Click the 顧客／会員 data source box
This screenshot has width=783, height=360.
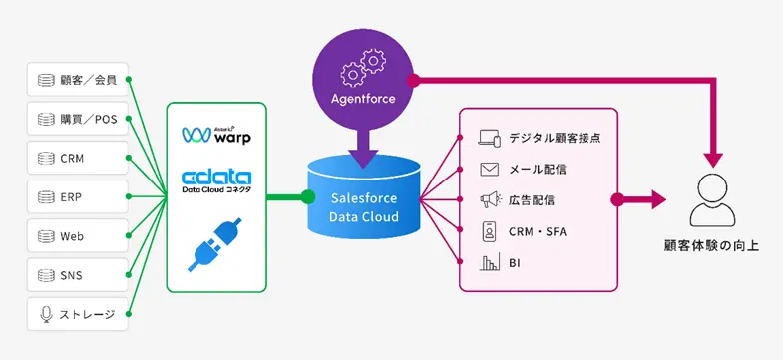coord(78,80)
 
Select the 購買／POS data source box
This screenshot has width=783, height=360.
coord(78,119)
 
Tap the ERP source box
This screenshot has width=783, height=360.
coord(78,196)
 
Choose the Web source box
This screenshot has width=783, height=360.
coord(78,235)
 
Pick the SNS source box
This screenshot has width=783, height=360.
coord(78,274)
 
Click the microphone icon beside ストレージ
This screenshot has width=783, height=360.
coord(45,314)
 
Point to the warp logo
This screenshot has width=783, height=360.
coord(216,133)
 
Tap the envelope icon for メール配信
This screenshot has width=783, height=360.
coord(489,169)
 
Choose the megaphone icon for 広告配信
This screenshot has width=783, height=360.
coord(489,200)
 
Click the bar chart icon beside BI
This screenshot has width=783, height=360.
coord(489,263)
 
